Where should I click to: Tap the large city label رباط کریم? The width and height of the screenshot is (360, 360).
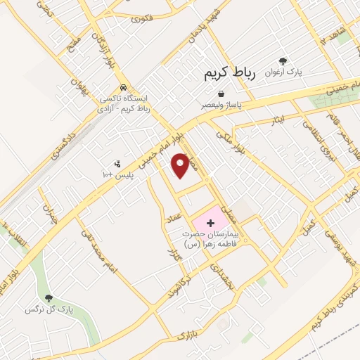[x=231, y=72]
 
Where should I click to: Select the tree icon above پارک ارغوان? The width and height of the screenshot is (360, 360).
[x=283, y=62]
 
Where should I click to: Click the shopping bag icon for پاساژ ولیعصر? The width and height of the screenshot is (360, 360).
[x=221, y=94]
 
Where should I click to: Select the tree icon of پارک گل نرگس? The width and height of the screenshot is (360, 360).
[x=49, y=300]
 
